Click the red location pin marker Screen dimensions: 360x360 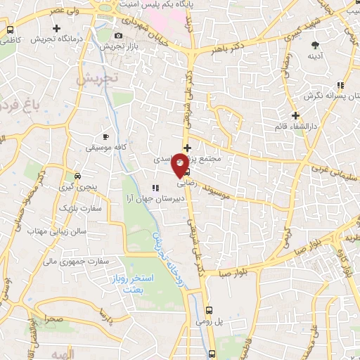(181, 164)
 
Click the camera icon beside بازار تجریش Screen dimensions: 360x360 (117, 35)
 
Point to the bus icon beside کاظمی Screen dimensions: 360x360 (11, 30)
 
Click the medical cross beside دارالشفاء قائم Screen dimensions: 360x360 (295, 115)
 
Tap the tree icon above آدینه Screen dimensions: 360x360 (314, 44)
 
